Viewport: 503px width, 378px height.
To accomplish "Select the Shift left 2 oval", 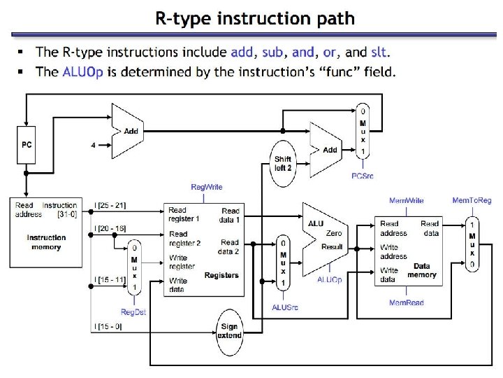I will click(x=283, y=163).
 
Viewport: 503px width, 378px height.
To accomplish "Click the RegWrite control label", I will click(x=207, y=187).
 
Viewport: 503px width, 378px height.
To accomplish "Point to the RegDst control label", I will click(x=133, y=311).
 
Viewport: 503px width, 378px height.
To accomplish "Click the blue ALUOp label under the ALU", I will click(x=330, y=279).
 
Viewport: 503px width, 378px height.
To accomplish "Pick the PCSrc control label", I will click(x=362, y=176).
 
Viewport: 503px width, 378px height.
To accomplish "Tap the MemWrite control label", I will click(x=407, y=201).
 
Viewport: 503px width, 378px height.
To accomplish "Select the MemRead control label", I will click(x=406, y=302).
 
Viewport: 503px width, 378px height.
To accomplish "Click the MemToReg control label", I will click(x=472, y=201).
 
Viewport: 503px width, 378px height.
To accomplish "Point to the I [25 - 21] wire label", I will click(x=110, y=205).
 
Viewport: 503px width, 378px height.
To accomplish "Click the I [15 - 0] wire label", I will click(x=108, y=327).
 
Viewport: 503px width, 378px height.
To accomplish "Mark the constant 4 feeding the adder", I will click(x=93, y=146).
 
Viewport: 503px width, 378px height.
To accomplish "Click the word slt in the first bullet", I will click(x=379, y=52).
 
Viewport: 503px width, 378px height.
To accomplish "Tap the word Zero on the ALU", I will click(x=334, y=233).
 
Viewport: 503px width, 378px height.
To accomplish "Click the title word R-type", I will click(x=184, y=19).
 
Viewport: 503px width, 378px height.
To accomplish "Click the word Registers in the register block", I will click(x=221, y=275).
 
